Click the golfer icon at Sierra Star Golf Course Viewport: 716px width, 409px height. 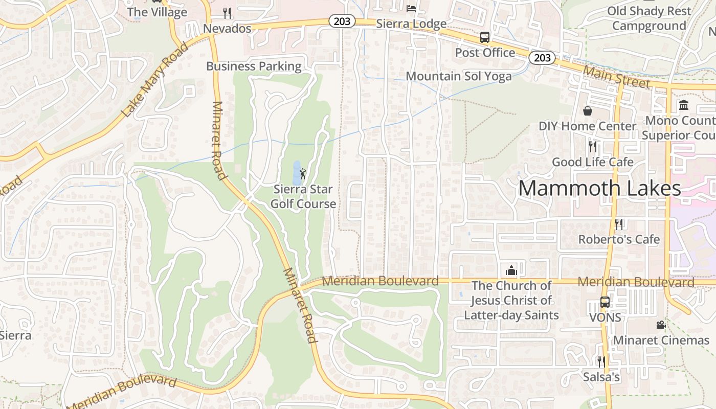303,174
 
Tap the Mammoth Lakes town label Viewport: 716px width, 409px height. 599,188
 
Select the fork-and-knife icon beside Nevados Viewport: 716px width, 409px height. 227,13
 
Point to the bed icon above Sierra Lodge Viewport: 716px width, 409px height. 411,8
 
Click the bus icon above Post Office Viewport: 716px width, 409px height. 484,37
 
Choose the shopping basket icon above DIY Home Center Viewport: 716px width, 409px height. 587,110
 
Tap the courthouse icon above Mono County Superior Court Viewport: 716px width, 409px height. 683,105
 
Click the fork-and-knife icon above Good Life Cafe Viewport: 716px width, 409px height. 593,147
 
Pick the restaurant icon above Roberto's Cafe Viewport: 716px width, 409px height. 619,224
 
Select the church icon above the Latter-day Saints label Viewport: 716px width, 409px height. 511,270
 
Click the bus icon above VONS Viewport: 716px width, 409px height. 605,302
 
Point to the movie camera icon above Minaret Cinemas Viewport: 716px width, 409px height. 661,325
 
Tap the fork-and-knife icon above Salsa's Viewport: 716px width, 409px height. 601,362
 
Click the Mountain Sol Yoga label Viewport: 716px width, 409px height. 458,76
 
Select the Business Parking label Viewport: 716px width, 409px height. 254,66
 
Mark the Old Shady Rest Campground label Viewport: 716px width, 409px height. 649,18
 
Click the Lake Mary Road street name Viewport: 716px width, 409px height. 155,79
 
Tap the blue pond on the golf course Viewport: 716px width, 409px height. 296,173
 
